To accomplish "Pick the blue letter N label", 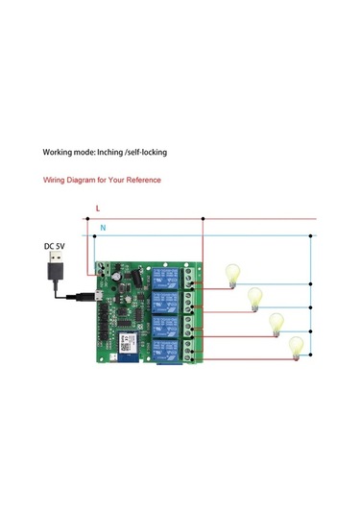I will point(103,228).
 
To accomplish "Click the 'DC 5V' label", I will point(56,246).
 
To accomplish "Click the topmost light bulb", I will point(231,275).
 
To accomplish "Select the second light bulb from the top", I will point(255,298).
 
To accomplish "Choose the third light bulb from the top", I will point(276,323).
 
